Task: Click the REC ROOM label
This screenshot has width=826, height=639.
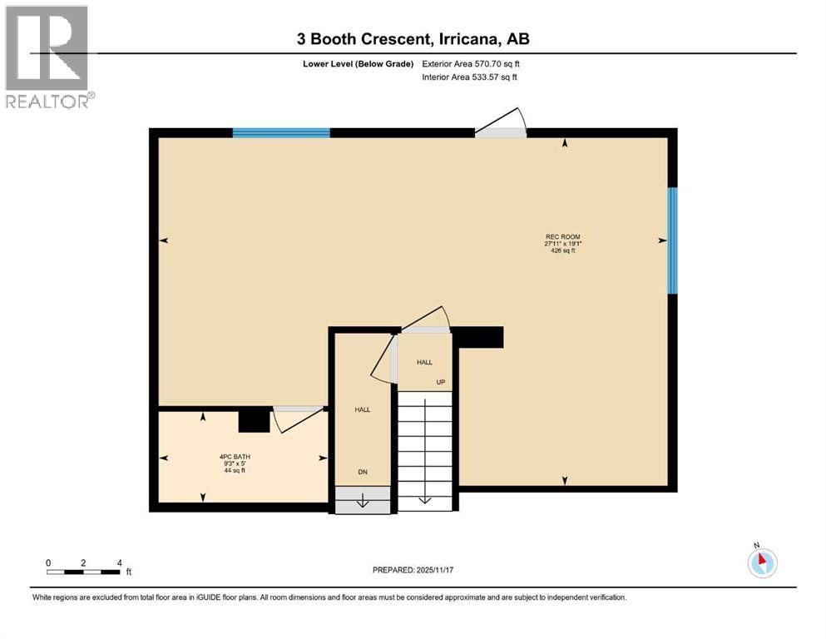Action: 562,236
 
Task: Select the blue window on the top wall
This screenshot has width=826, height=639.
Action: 281,132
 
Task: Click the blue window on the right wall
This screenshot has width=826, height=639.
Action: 673,240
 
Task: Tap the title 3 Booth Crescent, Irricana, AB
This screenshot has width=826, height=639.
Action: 412,38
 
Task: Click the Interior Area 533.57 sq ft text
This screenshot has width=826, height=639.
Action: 470,77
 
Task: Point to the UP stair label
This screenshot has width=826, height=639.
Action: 442,382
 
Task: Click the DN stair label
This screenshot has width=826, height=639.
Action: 363,472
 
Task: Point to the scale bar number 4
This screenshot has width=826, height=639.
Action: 120,562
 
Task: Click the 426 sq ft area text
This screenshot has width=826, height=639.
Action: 562,250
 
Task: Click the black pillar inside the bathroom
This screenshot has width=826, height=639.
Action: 254,420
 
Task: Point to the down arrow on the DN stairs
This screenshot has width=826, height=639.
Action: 362,500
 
